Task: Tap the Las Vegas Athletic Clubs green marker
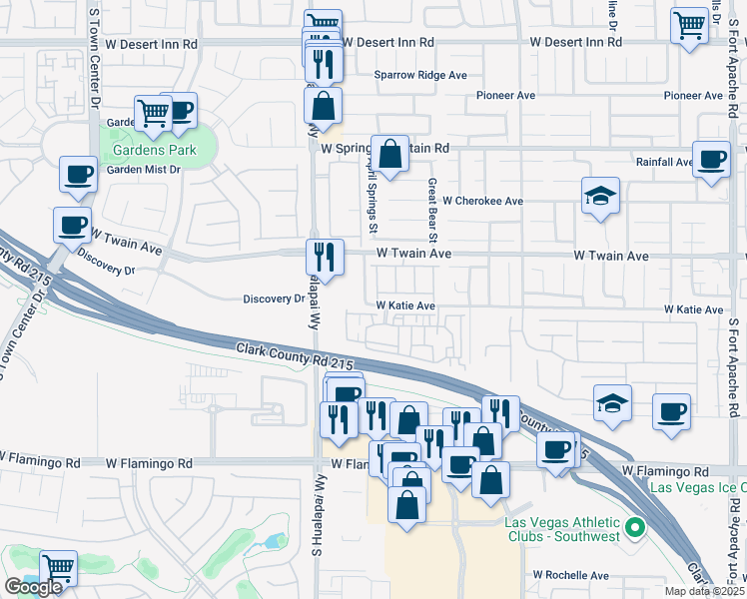click(631, 526)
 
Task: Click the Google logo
click(33, 587)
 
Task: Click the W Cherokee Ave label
click(483, 201)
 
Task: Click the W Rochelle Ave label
click(570, 576)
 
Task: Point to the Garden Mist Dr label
click(143, 170)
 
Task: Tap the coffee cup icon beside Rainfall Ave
click(712, 160)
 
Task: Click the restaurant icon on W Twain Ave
click(325, 256)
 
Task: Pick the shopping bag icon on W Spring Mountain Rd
click(390, 154)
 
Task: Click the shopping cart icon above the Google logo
click(59, 568)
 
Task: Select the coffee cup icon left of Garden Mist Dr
click(78, 174)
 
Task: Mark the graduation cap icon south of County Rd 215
click(612, 403)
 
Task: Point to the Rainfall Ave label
click(664, 162)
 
